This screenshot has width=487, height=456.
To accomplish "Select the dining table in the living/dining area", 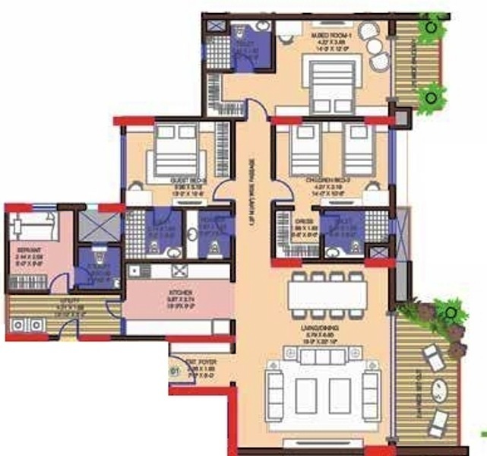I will (329, 292).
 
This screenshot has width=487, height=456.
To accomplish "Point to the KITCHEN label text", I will (180, 293).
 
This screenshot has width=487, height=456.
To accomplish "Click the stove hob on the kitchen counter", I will (180, 271).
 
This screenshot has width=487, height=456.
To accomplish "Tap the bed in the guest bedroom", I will (176, 149).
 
